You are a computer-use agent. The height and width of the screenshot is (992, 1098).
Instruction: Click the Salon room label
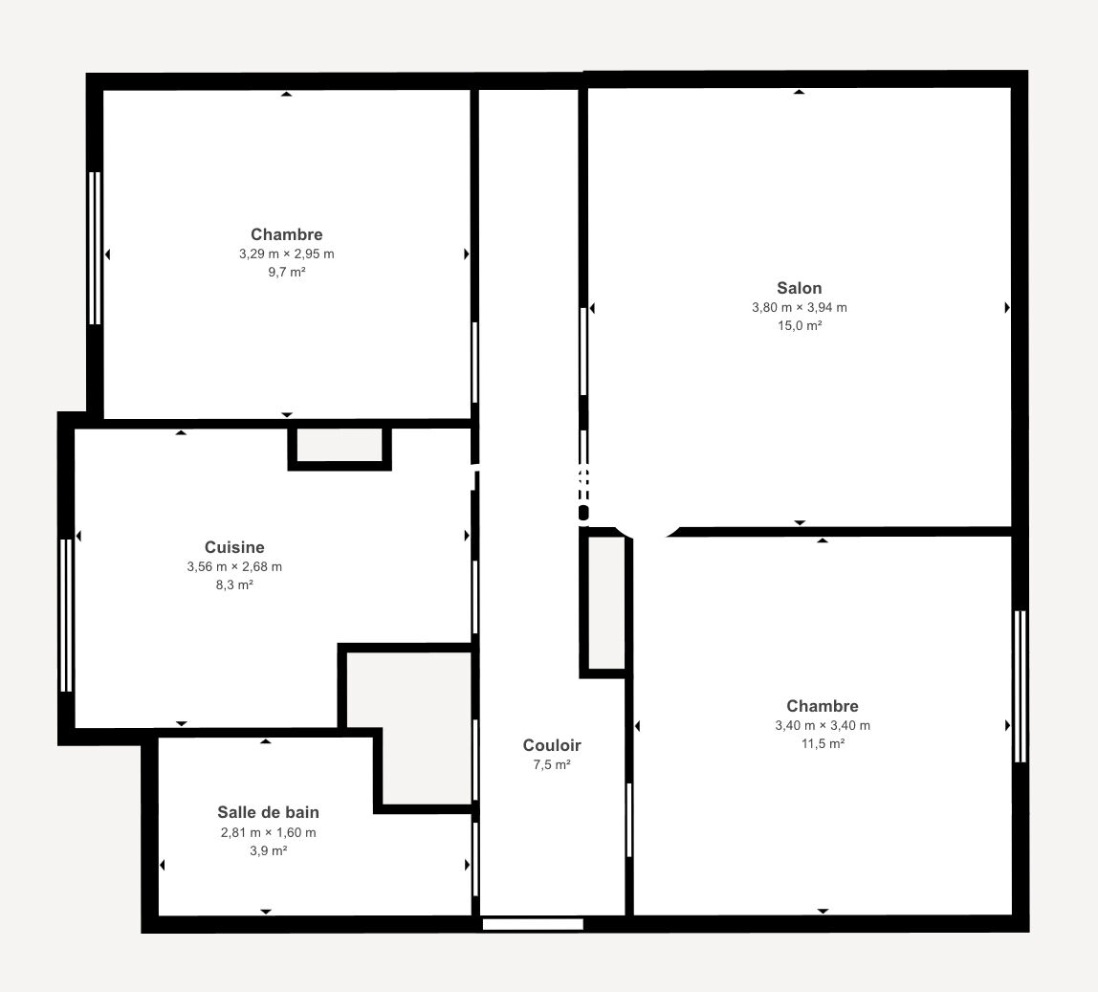pyautogui.click(x=799, y=288)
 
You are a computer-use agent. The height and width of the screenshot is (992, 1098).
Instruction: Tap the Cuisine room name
pyautogui.click(x=234, y=547)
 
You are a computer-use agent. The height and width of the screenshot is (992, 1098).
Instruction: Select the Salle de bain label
pyautogui.click(x=268, y=813)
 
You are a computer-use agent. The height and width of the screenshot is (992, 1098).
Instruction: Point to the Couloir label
pyautogui.click(x=552, y=745)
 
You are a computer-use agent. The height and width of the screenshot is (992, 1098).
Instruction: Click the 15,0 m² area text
pyautogui.click(x=800, y=326)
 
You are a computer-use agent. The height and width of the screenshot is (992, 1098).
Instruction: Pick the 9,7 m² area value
pyautogui.click(x=286, y=272)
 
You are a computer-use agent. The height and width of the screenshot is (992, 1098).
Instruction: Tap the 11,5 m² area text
pyautogui.click(x=823, y=743)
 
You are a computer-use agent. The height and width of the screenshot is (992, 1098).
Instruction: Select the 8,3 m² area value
pyautogui.click(x=234, y=585)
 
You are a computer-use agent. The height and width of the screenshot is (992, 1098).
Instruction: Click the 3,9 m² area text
pyautogui.click(x=268, y=850)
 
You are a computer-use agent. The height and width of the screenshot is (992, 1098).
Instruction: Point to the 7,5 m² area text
pyautogui.click(x=552, y=764)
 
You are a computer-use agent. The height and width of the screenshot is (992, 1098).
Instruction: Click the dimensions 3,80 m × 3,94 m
pyautogui.click(x=800, y=307)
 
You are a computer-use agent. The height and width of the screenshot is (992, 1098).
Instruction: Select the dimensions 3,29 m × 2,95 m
pyautogui.click(x=286, y=254)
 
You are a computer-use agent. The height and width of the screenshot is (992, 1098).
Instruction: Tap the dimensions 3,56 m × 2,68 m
pyautogui.click(x=234, y=566)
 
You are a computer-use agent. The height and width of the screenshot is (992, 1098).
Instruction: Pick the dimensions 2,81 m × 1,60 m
pyautogui.click(x=268, y=832)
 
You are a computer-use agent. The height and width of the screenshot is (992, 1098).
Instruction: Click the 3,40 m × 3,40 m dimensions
pyautogui.click(x=823, y=725)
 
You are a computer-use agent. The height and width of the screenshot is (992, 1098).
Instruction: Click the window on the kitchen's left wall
pyautogui.click(x=67, y=615)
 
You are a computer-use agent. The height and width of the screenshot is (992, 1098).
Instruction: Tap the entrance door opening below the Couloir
pyautogui.click(x=533, y=925)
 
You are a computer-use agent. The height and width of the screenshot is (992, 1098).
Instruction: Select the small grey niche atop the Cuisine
pyautogui.click(x=340, y=445)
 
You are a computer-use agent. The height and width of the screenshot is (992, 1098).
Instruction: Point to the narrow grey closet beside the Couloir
pyautogui.click(x=606, y=603)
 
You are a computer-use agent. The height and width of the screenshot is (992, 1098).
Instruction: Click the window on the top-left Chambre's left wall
pyautogui.click(x=96, y=248)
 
